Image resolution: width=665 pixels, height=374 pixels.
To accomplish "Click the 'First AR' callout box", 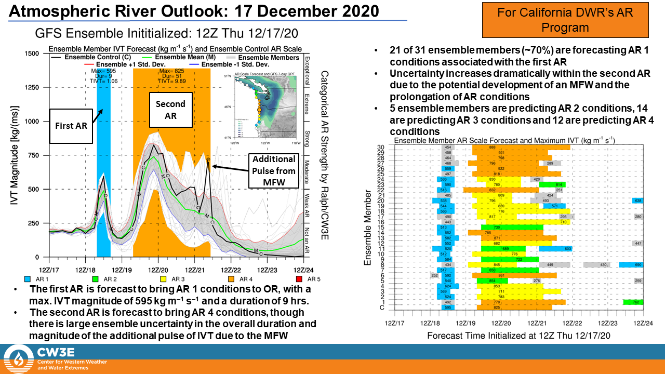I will pos(71,126).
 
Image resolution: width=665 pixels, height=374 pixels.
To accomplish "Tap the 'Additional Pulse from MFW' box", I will pos(274,171).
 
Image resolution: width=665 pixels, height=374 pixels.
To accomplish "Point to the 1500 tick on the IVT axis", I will pos(33,54).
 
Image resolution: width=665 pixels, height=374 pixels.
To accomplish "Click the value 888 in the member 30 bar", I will pos(491,148).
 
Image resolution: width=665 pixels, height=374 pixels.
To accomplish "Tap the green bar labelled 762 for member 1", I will pos(633,302).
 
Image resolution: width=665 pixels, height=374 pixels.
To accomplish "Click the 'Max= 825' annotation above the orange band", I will pos(171,71).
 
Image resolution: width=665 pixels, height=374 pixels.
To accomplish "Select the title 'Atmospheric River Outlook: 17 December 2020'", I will pos(193,11).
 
